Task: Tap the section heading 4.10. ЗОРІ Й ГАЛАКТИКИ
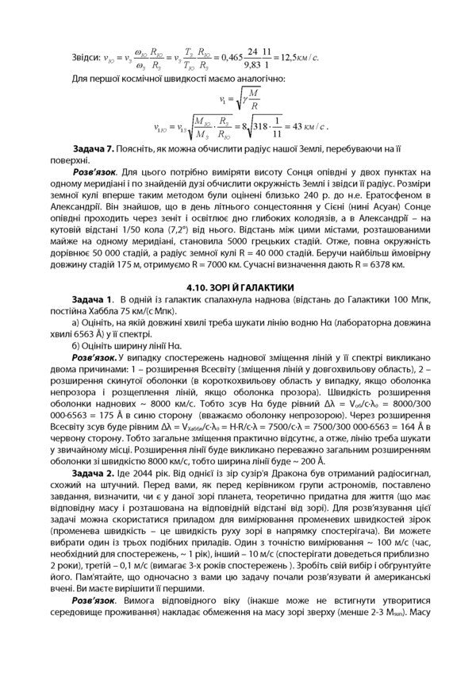[x=238, y=287]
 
